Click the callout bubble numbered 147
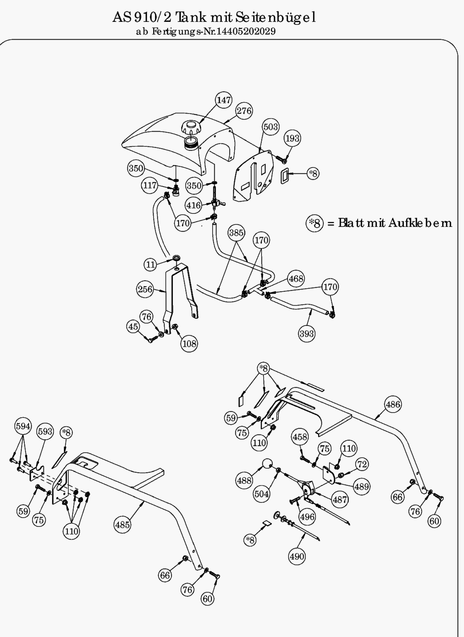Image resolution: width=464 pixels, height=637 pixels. tap(224, 100)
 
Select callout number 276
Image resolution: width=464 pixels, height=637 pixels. tap(244, 111)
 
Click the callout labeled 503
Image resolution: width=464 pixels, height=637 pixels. tap(270, 127)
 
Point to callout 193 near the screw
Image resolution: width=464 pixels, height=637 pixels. tap(292, 138)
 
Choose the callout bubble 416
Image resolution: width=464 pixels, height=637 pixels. tap(194, 205)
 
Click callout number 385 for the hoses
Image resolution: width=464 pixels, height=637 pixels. tap(236, 232)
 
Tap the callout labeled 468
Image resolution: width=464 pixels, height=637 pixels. tap(296, 279)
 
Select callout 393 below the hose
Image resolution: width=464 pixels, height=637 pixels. tap(307, 334)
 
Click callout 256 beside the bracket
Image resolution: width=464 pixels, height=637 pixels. tap(145, 289)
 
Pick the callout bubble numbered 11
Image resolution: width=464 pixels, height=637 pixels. tap(151, 265)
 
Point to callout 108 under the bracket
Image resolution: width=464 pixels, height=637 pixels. tap(189, 344)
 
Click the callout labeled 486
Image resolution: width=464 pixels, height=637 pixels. tap(393, 405)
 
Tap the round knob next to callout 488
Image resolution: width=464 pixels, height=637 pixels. tap(267, 464)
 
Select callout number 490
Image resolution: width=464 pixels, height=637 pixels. tap(297, 556)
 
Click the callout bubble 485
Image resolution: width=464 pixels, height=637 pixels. tap(122, 525)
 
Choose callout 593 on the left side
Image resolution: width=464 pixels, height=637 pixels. tap(45, 431)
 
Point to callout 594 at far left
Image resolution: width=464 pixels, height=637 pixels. tap(23, 426)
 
